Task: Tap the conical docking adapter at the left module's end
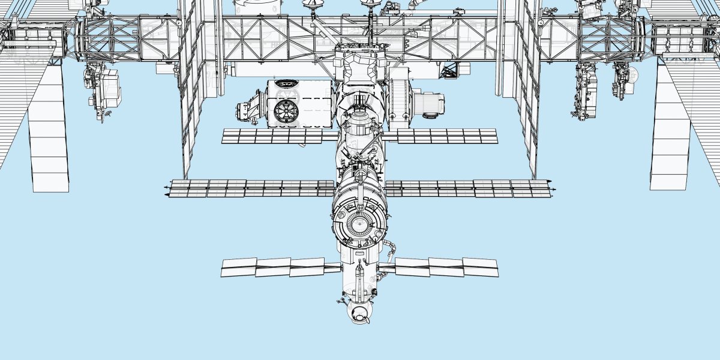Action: click(x=247, y=110)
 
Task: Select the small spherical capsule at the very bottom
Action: click(x=359, y=313)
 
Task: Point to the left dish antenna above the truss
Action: click(x=313, y=5)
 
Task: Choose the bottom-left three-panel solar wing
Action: click(x=273, y=267)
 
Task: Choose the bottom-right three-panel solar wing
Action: click(x=446, y=266)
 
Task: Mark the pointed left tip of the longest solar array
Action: click(x=165, y=190)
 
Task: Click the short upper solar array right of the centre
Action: click(x=447, y=136)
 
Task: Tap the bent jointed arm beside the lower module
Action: click(x=391, y=251)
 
